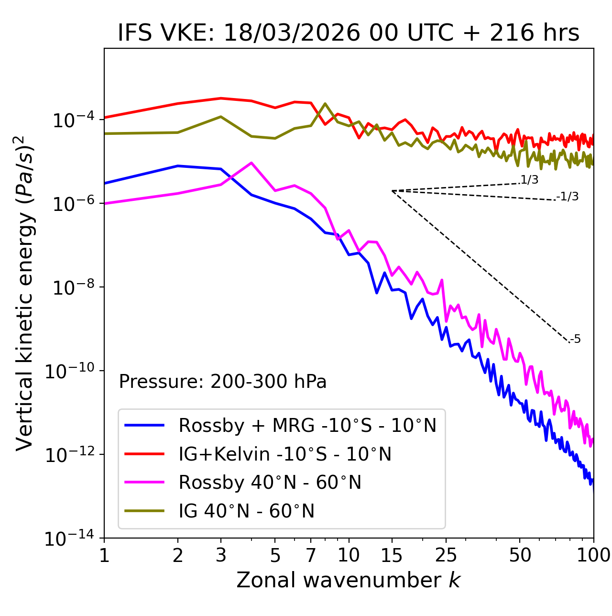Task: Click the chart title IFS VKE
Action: [x=349, y=33]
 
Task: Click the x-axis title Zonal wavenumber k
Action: [x=349, y=580]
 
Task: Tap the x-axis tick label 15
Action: [x=392, y=555]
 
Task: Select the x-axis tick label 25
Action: [x=446, y=555]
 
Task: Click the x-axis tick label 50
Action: [x=520, y=555]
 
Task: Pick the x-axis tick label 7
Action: [x=311, y=555]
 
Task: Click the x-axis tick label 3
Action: [x=221, y=555]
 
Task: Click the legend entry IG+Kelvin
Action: [x=285, y=454]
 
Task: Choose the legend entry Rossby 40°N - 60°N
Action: [x=270, y=483]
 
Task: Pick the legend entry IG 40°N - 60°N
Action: [x=246, y=511]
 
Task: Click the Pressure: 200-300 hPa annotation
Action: [x=223, y=382]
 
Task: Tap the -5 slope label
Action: [x=576, y=340]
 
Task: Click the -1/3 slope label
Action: [x=568, y=197]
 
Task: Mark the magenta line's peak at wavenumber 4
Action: [x=251, y=163]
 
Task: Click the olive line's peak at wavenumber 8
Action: [x=325, y=103]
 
